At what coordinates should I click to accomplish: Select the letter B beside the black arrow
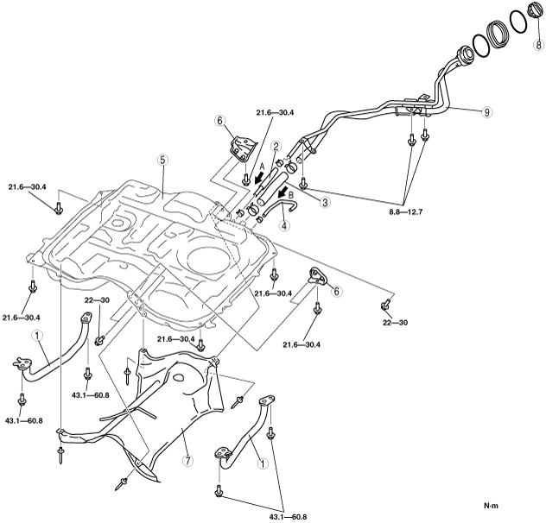tap(290, 195)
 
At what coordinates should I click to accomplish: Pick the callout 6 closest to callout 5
tap(219, 122)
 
